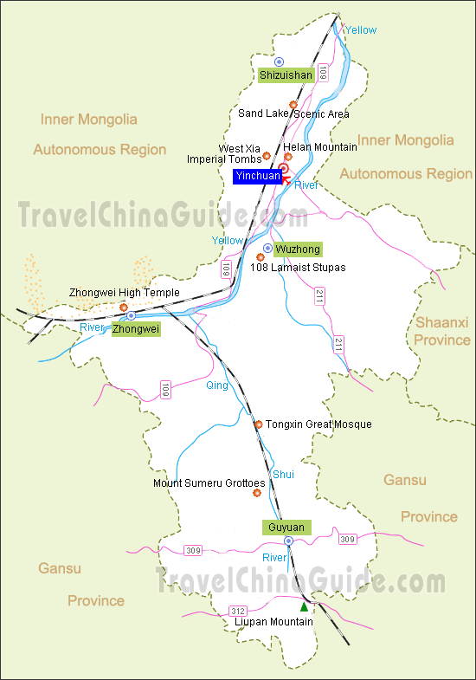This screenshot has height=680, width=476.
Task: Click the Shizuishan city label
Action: [x=286, y=75]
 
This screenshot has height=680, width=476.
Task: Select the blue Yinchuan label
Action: [x=257, y=176]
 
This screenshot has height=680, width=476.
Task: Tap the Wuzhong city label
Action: [x=298, y=249]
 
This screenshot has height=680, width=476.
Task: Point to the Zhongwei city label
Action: [x=137, y=329]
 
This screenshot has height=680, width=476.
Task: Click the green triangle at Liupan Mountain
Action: [x=304, y=607]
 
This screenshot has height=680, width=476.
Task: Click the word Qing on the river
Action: [x=217, y=385]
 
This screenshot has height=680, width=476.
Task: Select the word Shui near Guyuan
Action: [x=283, y=474]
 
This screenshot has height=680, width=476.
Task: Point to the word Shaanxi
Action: [x=441, y=321]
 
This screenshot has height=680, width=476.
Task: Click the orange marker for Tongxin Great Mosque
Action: [x=258, y=424]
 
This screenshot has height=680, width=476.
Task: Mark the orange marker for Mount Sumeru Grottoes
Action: [x=256, y=493]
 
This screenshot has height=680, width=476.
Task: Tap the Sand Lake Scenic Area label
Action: [x=293, y=113]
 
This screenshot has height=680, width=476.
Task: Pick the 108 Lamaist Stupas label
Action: [x=297, y=268]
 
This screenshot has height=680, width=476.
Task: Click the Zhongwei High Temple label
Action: [x=125, y=293]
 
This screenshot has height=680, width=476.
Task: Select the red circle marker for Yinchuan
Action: [x=283, y=168]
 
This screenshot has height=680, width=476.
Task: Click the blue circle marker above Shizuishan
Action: [x=279, y=62]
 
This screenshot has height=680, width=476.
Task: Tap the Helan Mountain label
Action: [x=320, y=147]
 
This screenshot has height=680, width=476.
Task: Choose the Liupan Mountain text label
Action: [x=273, y=622]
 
